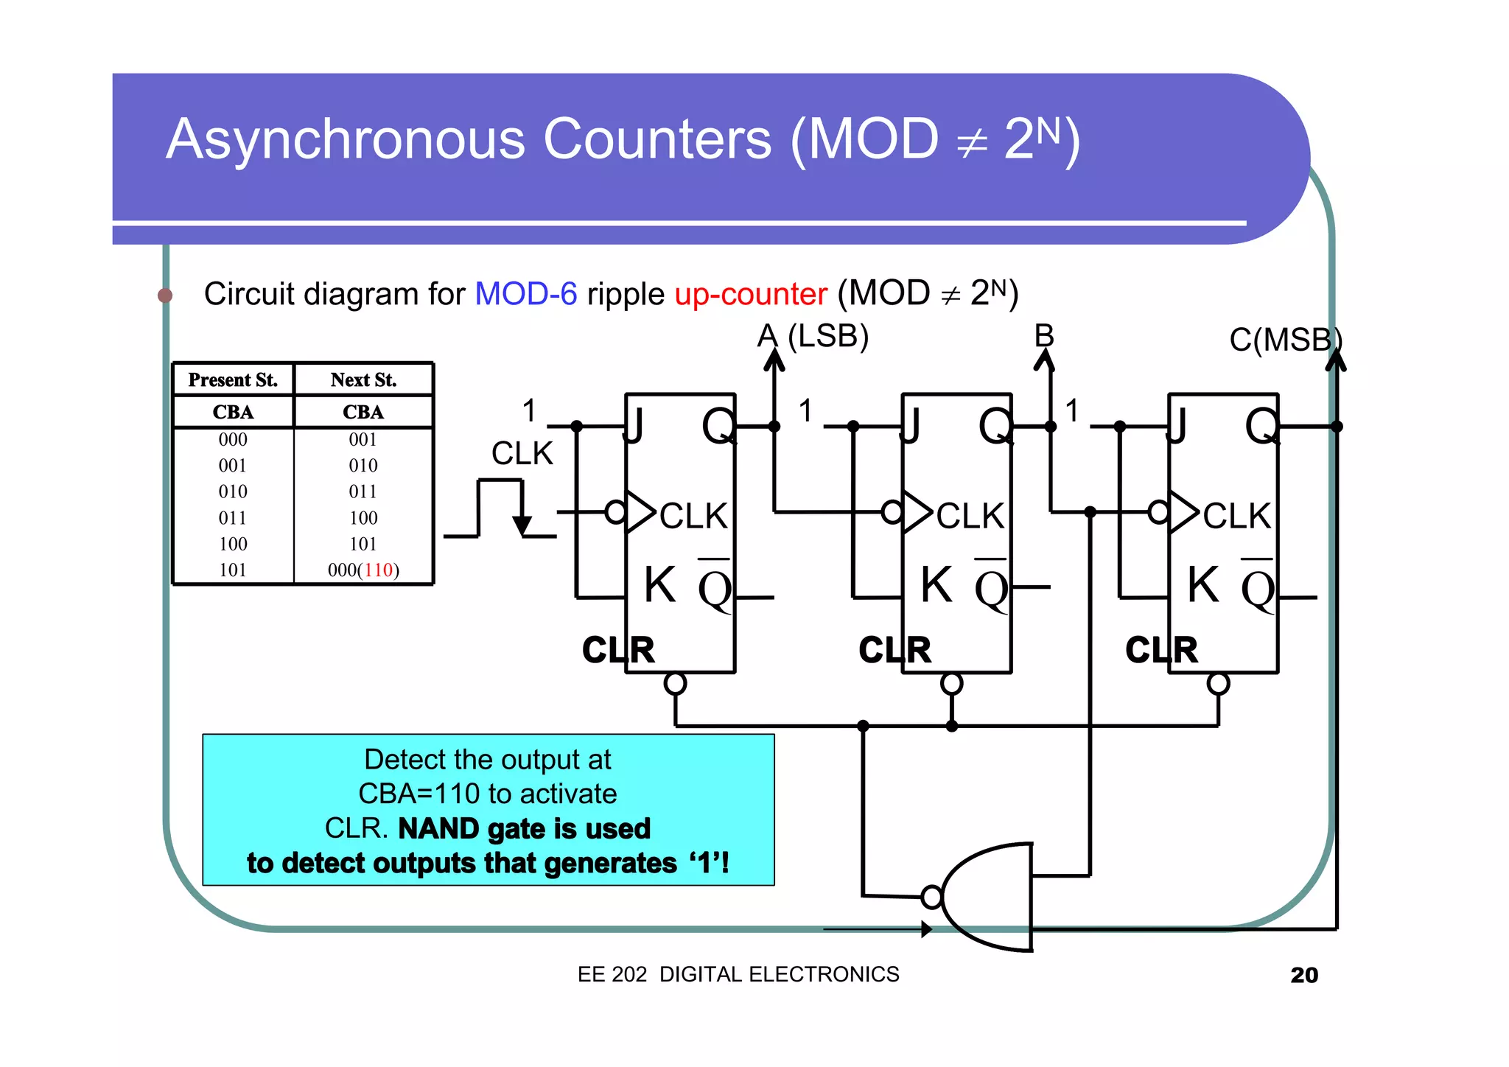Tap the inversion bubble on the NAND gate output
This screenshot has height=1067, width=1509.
pyautogui.click(x=931, y=897)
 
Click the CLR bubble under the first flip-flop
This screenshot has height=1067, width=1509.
pyautogui.click(x=675, y=684)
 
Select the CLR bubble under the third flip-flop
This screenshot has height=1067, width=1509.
pyautogui.click(x=1218, y=684)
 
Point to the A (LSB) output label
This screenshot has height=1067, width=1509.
pyautogui.click(x=813, y=336)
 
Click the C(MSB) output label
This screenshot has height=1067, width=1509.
pyautogui.click(x=1285, y=340)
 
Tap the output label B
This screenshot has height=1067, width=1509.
pyautogui.click(x=1044, y=336)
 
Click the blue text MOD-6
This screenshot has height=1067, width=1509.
pyautogui.click(x=525, y=294)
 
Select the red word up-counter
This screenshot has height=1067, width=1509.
pyautogui.click(x=751, y=294)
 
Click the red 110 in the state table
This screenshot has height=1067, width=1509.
pyautogui.click(x=378, y=570)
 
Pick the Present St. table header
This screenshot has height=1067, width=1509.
pyautogui.click(x=233, y=380)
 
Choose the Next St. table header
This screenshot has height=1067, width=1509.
pyautogui.click(x=363, y=380)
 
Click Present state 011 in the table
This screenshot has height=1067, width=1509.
pyautogui.click(x=233, y=518)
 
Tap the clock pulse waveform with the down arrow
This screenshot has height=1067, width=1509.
pyautogui.click(x=502, y=508)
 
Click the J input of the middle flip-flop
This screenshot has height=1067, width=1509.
pyautogui.click(x=911, y=426)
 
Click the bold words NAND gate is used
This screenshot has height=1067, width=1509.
pyautogui.click(x=524, y=829)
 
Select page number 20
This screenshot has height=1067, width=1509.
pyautogui.click(x=1303, y=975)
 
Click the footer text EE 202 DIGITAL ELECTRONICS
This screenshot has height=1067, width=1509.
pyautogui.click(x=738, y=974)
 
